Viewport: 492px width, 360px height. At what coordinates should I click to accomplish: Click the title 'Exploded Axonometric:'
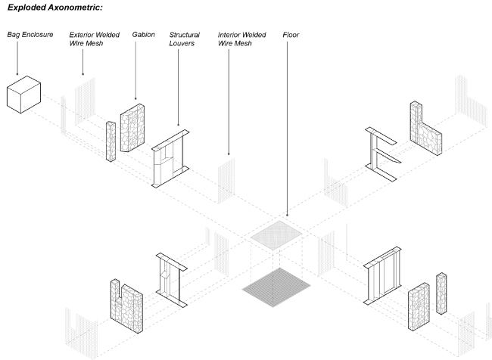coord(54,7)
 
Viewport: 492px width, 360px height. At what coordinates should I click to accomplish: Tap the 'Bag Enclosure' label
coord(30,35)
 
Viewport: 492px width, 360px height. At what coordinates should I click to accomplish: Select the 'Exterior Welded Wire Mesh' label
coord(94,39)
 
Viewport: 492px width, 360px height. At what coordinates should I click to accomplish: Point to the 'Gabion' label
coord(144,35)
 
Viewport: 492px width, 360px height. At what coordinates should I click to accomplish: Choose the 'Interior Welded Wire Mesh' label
coord(241,39)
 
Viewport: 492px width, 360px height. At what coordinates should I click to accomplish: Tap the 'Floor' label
coord(291,35)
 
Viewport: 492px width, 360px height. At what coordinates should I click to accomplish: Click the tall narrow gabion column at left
coord(111,141)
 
